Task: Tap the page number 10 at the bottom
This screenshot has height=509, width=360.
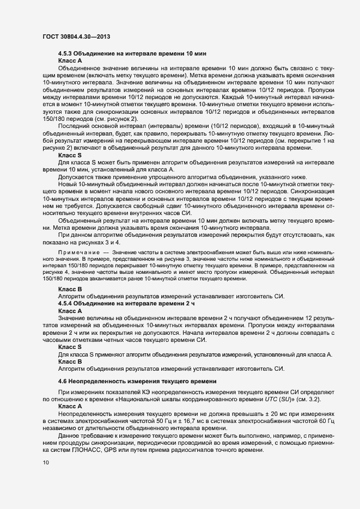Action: point(46,463)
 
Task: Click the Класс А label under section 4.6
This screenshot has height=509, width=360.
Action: point(70,406)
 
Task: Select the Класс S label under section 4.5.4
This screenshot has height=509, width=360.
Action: point(70,347)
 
